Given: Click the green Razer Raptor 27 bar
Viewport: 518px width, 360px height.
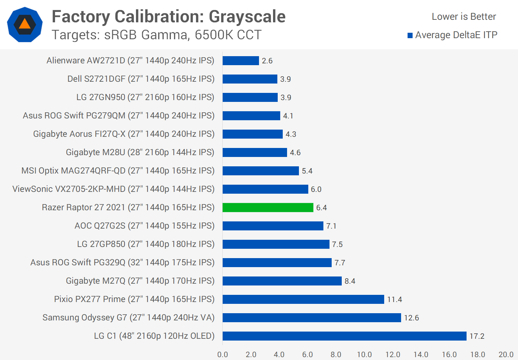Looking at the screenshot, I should pyautogui.click(x=268, y=207).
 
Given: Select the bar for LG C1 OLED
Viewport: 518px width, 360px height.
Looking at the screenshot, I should pyautogui.click(x=344, y=336).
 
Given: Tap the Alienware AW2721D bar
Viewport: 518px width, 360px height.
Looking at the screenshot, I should pyautogui.click(x=241, y=60).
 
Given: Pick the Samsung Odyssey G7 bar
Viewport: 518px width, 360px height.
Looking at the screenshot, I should pyautogui.click(x=312, y=318).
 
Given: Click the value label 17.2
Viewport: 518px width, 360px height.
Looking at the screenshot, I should pyautogui.click(x=477, y=336).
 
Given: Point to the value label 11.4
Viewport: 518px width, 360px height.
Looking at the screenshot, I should pyautogui.click(x=395, y=300).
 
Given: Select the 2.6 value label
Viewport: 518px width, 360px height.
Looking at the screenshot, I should pyautogui.click(x=267, y=61).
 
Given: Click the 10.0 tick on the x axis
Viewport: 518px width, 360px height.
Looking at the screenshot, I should pyautogui.click(x=364, y=355).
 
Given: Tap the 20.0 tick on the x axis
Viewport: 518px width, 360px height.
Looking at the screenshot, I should pyautogui.click(x=506, y=355).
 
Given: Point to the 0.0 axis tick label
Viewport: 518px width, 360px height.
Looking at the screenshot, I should pyautogui.click(x=223, y=355).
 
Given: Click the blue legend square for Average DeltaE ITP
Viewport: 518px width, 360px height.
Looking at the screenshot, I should pyautogui.click(x=410, y=35).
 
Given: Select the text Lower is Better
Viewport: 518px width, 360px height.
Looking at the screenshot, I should pyautogui.click(x=464, y=17).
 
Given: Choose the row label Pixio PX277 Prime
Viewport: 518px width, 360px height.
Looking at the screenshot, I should pyautogui.click(x=134, y=299).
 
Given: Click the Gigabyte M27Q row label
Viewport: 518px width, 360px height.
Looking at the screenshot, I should pyautogui.click(x=140, y=281).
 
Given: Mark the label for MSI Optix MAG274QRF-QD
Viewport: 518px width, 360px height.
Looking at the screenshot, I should pyautogui.click(x=118, y=171).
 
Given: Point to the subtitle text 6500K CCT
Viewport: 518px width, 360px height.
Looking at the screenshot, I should pyautogui.click(x=228, y=35).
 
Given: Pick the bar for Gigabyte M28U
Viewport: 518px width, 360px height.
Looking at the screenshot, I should pyautogui.click(x=255, y=152).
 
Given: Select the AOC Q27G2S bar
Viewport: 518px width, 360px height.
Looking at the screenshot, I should pyautogui.click(x=273, y=226).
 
